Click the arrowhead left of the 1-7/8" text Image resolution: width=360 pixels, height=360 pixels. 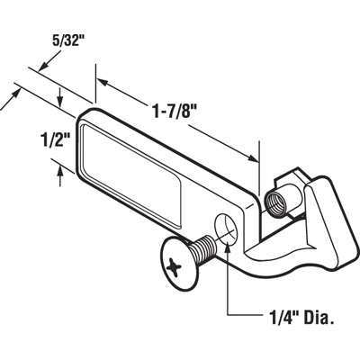click(102, 84)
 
